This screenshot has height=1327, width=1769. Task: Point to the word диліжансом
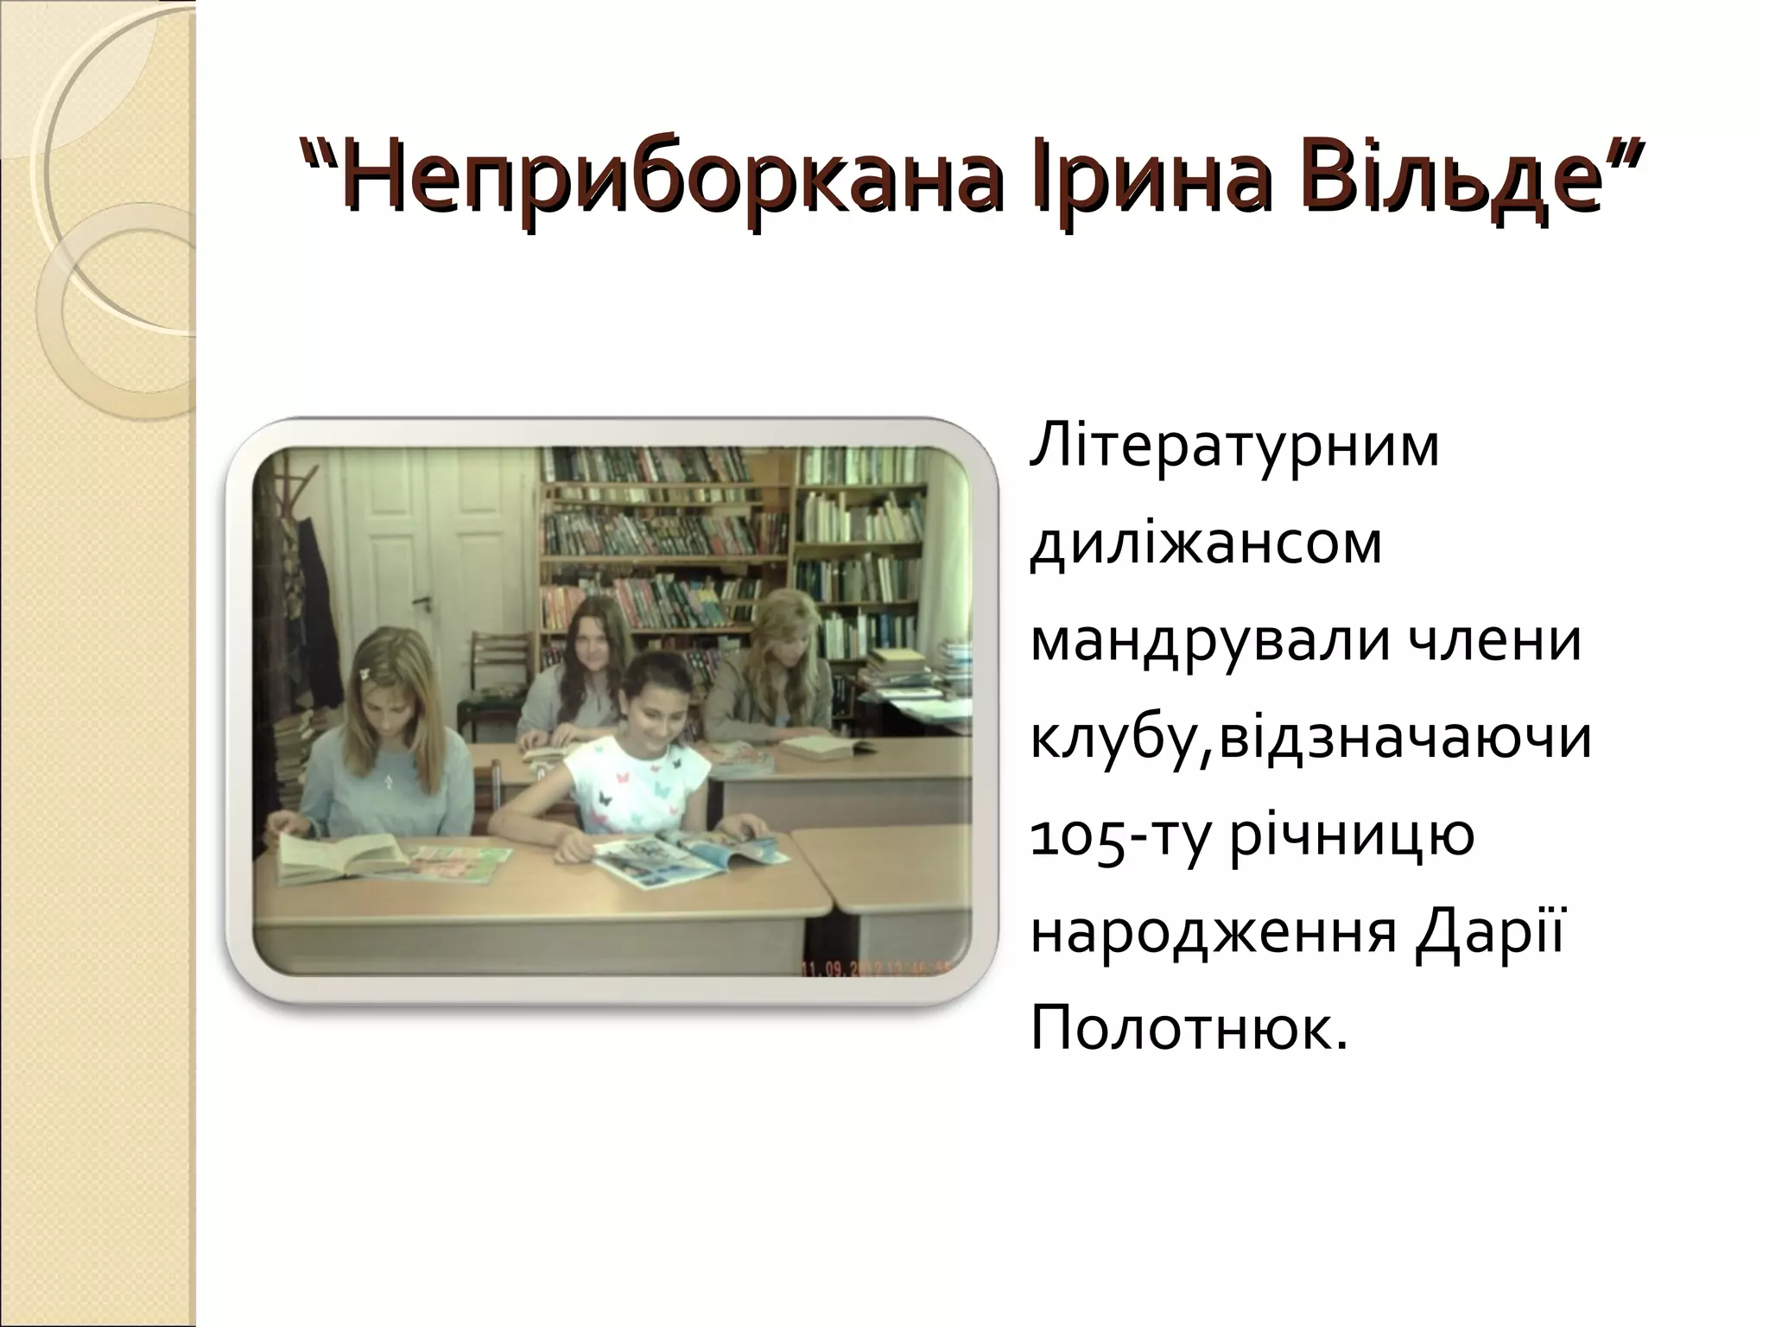[1206, 545]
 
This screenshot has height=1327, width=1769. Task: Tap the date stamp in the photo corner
[872, 968]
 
